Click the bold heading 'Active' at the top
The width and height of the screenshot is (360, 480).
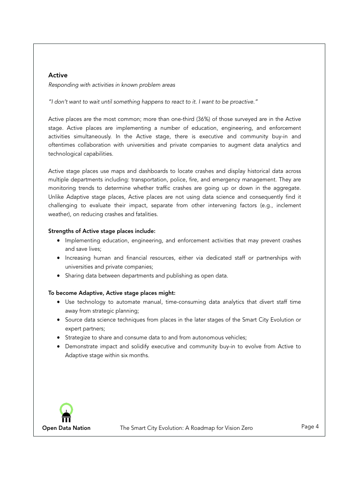(x=58, y=75)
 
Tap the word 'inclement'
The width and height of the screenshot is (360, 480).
(x=286, y=205)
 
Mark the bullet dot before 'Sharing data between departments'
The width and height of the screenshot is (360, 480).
(x=58, y=276)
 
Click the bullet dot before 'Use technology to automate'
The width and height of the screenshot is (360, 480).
(x=58, y=302)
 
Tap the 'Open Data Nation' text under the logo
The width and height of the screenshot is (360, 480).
(x=66, y=428)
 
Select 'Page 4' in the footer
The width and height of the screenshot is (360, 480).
(x=310, y=427)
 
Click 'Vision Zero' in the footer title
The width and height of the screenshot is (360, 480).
(x=237, y=428)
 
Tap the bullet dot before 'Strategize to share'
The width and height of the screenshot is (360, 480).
(x=58, y=337)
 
